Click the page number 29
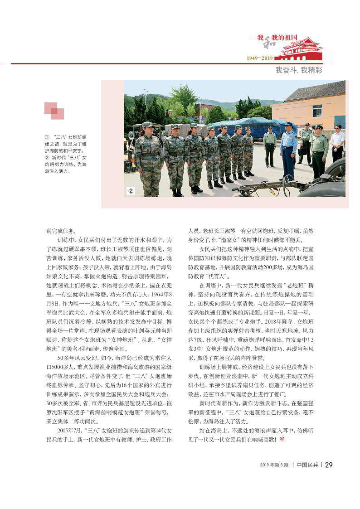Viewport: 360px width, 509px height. tap(329, 465)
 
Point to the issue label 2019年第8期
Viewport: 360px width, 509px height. tap(275, 465)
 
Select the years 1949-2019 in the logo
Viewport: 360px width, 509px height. tap(260, 58)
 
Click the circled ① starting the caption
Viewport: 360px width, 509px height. tap(47, 136)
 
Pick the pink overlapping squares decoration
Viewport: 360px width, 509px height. tap(54, 111)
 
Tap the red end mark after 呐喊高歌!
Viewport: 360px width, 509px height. tap(282, 439)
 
